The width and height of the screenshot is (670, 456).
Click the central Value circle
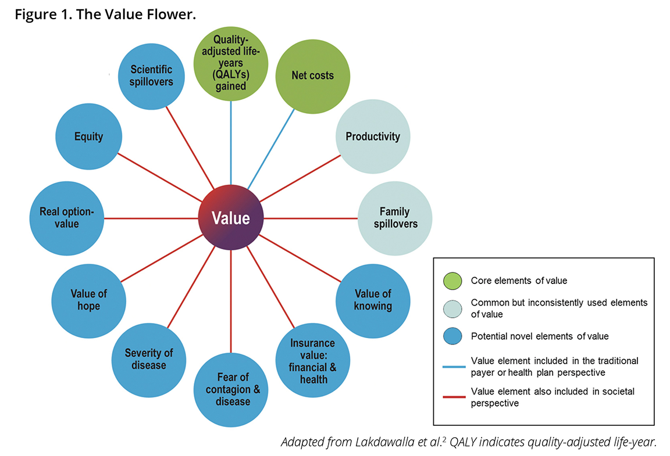coord(231,218)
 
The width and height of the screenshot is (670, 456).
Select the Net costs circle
coord(312,76)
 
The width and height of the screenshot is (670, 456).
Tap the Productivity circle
coord(373,137)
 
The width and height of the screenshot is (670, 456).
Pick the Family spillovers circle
coord(394,218)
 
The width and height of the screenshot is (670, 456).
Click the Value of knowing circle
coord(373,300)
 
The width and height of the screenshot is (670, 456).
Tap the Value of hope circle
coord(89,300)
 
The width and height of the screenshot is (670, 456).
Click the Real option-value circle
coord(66,218)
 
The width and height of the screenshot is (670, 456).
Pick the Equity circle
coord(88,137)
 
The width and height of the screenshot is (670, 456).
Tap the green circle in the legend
coord(452,281)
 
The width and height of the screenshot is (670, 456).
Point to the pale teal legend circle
coord(452,308)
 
